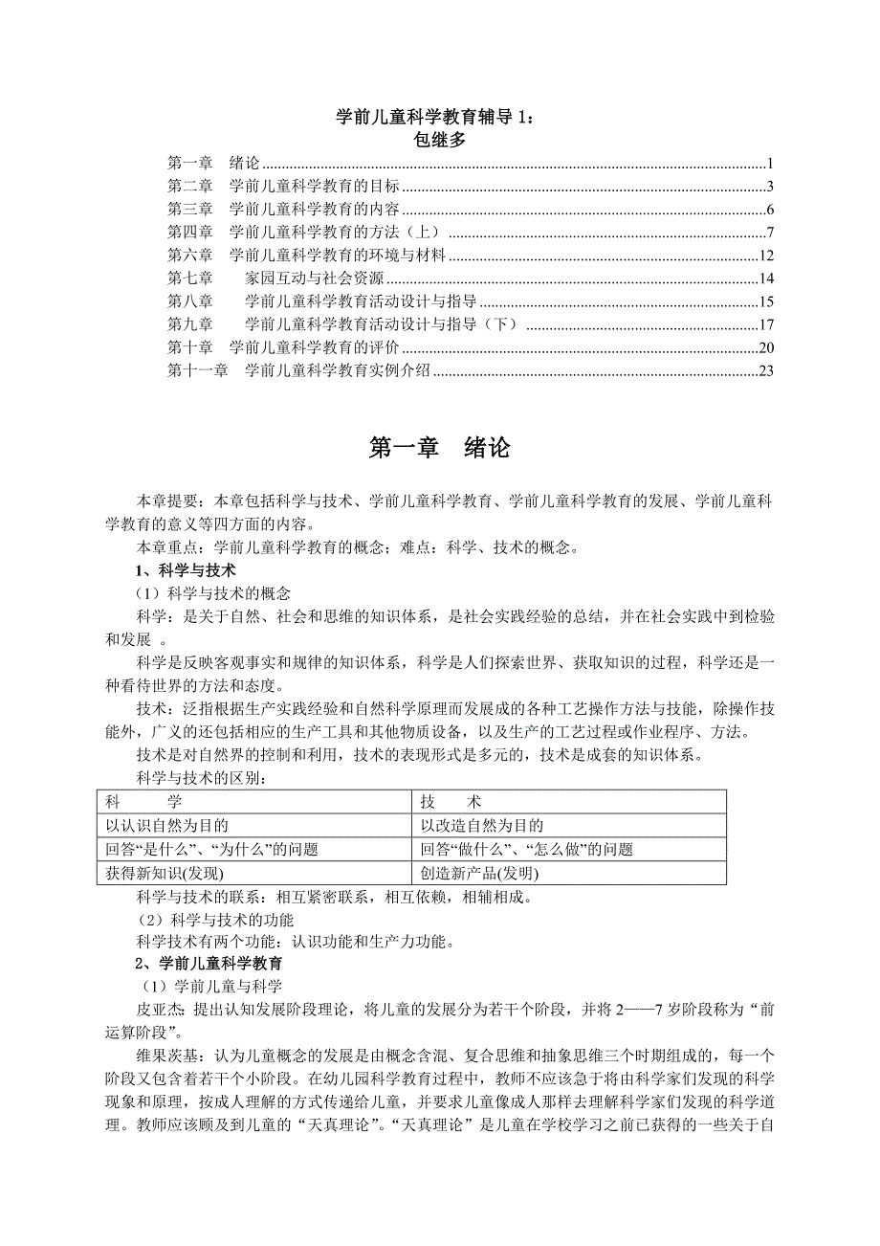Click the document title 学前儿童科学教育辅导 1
tap(438, 118)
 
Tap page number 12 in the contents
tap(764, 256)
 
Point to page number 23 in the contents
tap(764, 371)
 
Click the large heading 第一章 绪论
tap(439, 449)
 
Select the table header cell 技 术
tap(451, 801)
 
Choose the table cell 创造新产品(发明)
tap(480, 873)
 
